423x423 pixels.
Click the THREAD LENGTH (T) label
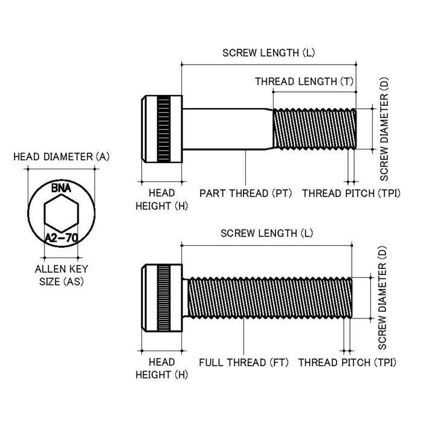point(304,81)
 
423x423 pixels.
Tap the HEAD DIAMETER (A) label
point(62,157)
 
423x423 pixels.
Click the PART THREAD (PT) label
point(245,193)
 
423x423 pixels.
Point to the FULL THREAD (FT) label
point(244,363)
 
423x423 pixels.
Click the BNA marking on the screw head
point(61,189)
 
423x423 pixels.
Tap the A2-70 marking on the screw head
point(61,238)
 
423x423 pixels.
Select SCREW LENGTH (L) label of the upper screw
point(269,53)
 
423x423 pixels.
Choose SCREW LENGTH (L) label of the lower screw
point(267,233)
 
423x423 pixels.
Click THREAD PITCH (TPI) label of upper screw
point(351,193)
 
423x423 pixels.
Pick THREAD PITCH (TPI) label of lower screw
point(347,363)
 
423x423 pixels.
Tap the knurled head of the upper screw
point(162,129)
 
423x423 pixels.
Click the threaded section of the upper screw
point(314,129)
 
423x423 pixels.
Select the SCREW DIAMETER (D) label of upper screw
point(384,129)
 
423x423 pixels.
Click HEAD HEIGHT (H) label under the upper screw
point(162,199)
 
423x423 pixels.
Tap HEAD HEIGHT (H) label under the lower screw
point(162,369)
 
